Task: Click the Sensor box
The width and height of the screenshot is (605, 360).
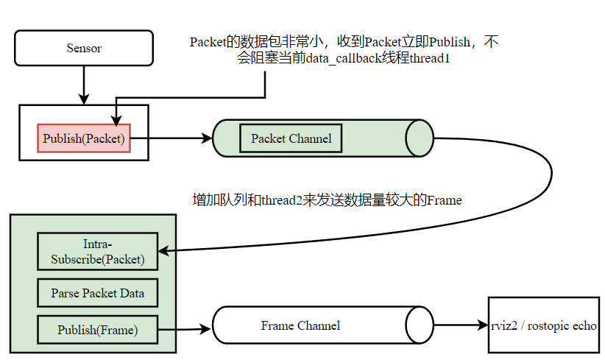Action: click(84, 49)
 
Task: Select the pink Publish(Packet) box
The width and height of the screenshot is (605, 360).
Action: click(84, 138)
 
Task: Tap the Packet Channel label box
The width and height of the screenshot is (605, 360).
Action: click(291, 138)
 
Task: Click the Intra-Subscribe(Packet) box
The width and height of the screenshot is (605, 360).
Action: click(97, 251)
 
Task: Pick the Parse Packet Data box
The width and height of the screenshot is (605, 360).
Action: click(97, 293)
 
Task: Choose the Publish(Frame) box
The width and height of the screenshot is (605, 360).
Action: click(97, 330)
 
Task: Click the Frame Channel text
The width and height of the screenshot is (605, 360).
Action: click(300, 325)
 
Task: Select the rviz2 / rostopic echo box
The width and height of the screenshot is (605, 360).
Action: click(543, 325)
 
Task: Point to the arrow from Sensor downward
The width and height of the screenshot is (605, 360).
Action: click(84, 85)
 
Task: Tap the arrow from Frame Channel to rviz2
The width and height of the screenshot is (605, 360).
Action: click(460, 325)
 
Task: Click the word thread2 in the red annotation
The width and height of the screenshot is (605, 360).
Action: click(278, 200)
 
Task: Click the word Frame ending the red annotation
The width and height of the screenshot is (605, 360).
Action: click(444, 200)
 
